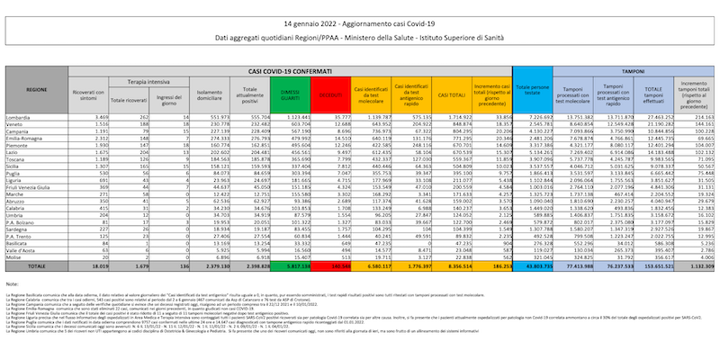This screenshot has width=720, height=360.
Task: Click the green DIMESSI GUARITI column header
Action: [x=290, y=93]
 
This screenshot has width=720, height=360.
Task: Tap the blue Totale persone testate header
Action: [x=534, y=93]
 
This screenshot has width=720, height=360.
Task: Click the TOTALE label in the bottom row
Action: [x=37, y=267]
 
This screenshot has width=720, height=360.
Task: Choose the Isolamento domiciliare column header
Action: [x=211, y=93]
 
